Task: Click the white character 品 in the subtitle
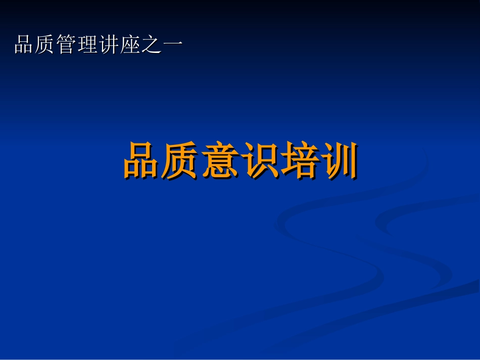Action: coord(24,45)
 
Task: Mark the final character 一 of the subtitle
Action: coord(172,45)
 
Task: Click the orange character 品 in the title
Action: coord(142,161)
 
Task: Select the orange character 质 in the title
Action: coord(181,161)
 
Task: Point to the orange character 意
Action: coord(220,161)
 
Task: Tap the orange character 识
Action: coord(260,161)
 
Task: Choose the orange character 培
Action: coord(299,161)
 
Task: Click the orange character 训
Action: coord(339,161)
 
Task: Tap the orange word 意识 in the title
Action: coord(240,161)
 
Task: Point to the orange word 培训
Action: coord(319,161)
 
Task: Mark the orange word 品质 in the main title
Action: coord(162,161)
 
